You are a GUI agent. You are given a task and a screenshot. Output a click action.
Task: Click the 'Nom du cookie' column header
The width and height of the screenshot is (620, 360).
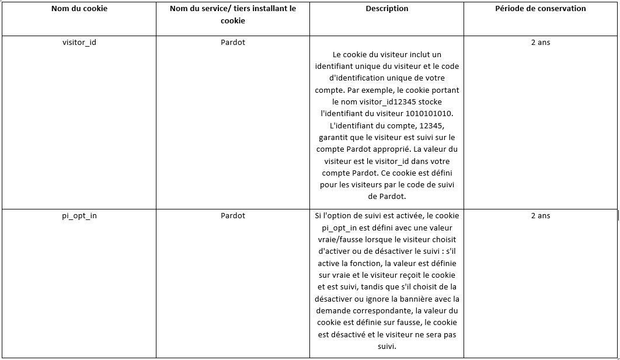(x=79, y=9)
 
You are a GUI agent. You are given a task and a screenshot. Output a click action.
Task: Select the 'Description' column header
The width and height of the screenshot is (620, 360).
(x=387, y=9)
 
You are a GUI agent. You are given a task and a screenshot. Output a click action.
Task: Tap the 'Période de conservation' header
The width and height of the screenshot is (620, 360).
(x=541, y=9)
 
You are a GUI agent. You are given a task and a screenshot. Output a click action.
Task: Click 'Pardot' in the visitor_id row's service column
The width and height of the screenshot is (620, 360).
(x=233, y=43)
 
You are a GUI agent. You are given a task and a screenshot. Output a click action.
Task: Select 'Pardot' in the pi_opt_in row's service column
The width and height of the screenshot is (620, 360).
(x=233, y=216)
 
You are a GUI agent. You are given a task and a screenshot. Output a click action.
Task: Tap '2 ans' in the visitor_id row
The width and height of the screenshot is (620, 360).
(x=541, y=43)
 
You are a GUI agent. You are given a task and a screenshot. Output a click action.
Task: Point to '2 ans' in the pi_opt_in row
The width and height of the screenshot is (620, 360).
(x=541, y=216)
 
